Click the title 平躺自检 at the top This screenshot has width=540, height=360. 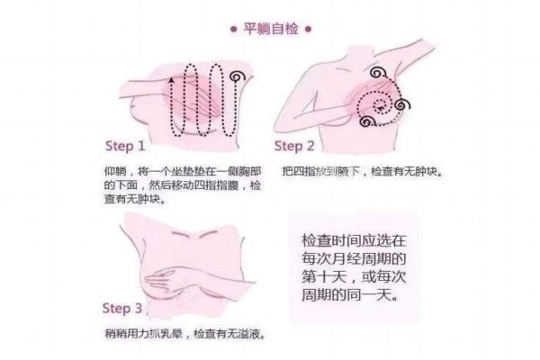[x=270, y=28]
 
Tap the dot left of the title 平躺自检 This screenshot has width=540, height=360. [x=231, y=28]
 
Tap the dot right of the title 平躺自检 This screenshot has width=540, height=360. [x=309, y=28]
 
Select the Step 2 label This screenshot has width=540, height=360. [x=294, y=146]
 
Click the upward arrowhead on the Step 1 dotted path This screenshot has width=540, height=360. [x=172, y=80]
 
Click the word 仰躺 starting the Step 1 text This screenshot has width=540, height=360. [x=113, y=171]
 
